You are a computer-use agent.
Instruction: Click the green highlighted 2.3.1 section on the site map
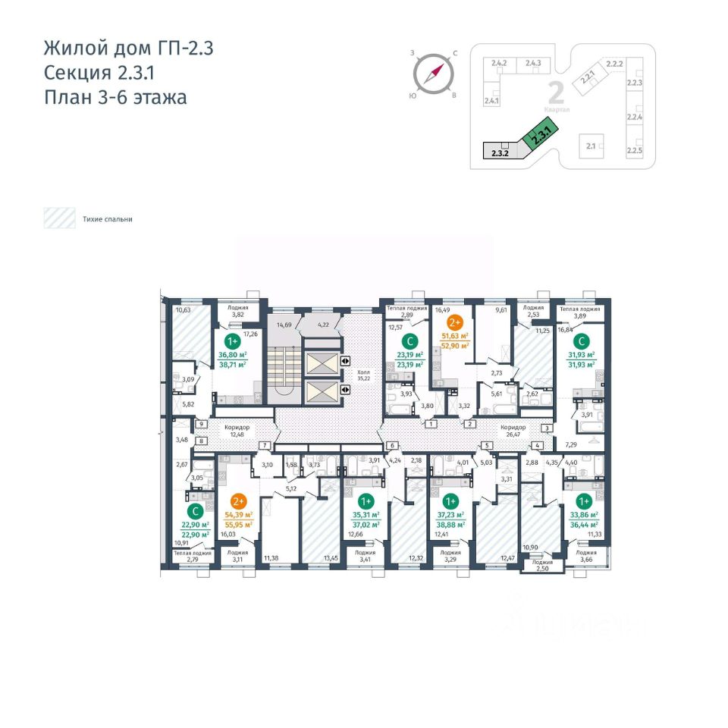point(539,137)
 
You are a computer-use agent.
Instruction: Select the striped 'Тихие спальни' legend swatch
point(58,219)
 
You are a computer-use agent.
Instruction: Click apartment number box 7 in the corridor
point(265,445)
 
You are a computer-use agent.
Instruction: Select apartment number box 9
point(202,425)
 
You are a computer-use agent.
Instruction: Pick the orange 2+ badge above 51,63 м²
point(455,322)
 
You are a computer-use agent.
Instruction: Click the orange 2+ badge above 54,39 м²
point(239,501)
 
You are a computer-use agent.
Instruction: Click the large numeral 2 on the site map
point(556,93)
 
